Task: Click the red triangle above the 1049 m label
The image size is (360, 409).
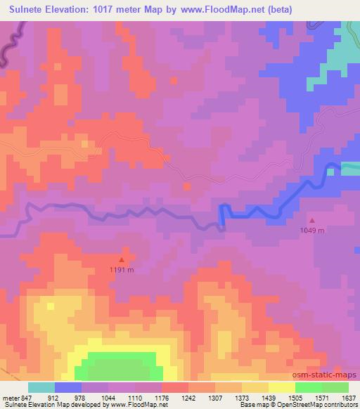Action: click(x=313, y=220)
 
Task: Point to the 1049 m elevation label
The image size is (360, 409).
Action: click(x=313, y=230)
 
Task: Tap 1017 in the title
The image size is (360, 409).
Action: click(x=104, y=9)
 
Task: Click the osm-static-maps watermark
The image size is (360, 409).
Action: click(x=330, y=376)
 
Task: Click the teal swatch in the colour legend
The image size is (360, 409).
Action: click(x=41, y=387)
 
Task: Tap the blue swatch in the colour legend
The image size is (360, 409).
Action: click(x=68, y=387)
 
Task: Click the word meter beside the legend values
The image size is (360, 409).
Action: click(x=11, y=398)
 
